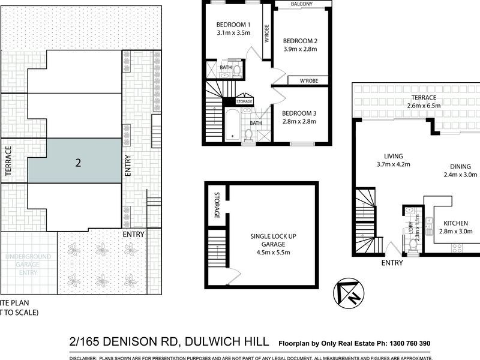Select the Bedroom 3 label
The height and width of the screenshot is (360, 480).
[x=299, y=113]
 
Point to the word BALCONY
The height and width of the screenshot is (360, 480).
[x=302, y=4]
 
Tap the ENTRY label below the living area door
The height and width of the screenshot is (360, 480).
[x=392, y=263]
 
